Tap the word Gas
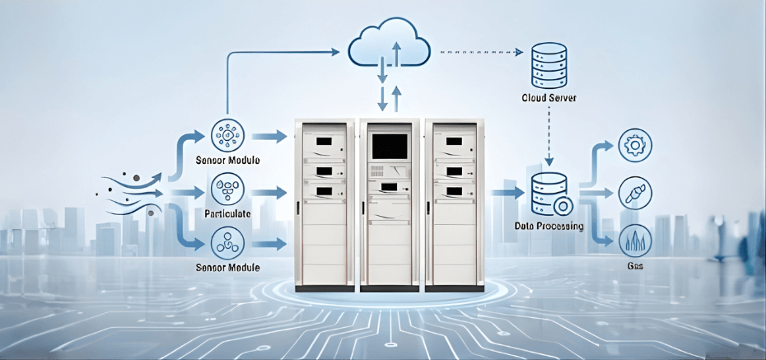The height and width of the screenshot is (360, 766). click(x=634, y=266)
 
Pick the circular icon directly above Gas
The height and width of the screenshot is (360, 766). click(x=634, y=240)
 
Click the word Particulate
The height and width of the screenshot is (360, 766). click(x=228, y=213)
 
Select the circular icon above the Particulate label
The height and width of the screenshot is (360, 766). click(x=228, y=189)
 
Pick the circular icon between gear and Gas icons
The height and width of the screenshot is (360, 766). click(x=634, y=193)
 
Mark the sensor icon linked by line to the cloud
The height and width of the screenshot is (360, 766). click(x=228, y=135)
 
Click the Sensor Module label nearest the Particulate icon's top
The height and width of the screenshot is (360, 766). click(x=228, y=160)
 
